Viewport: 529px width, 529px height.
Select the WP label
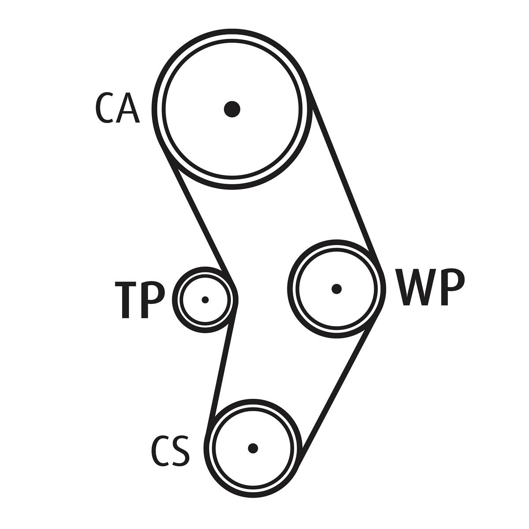click(x=430, y=287)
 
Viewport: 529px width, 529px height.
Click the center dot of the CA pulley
click(x=232, y=108)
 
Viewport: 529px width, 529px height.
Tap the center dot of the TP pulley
click(x=205, y=300)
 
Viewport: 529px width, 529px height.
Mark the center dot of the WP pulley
click(x=336, y=289)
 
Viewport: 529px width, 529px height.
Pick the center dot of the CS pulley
click(x=253, y=448)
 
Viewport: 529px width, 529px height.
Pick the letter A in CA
click(x=128, y=108)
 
